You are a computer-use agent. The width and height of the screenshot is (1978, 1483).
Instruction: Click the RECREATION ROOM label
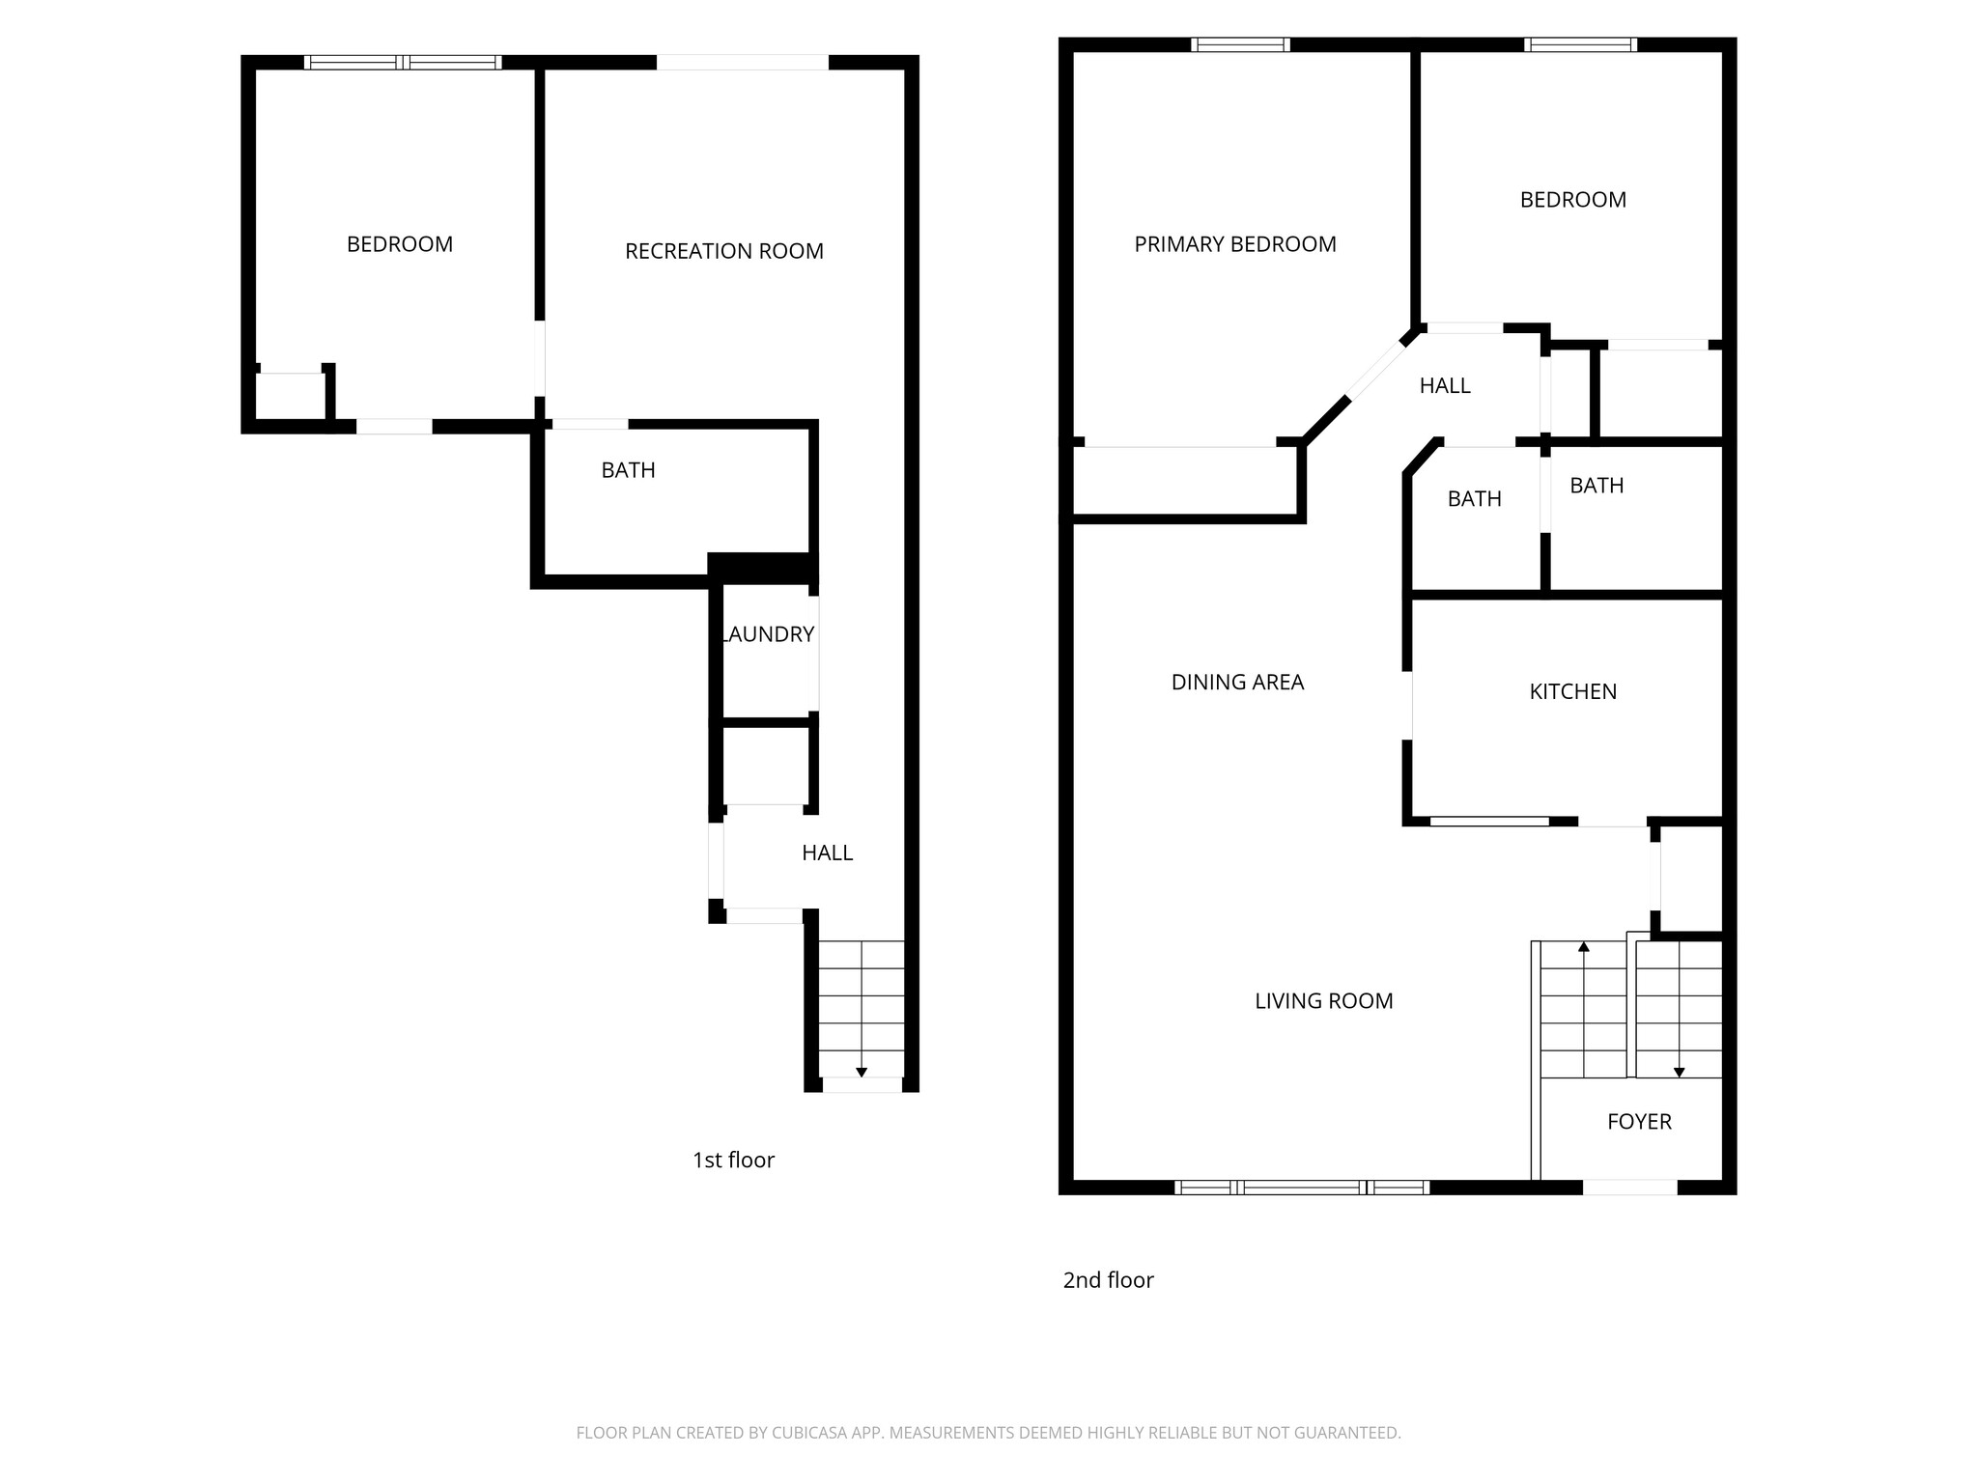click(x=723, y=251)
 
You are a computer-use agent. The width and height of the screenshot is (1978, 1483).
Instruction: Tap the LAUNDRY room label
click(x=769, y=634)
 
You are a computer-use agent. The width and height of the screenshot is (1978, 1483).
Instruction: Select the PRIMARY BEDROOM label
click(x=1234, y=244)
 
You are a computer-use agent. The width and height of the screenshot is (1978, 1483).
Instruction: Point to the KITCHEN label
click(x=1572, y=691)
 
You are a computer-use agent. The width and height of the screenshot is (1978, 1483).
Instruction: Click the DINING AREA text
click(x=1237, y=683)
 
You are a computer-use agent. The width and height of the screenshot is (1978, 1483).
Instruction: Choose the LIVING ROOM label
click(x=1323, y=1001)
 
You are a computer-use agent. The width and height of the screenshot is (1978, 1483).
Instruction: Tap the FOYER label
click(x=1639, y=1121)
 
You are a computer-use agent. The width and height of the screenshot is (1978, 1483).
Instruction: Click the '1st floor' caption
click(x=733, y=1160)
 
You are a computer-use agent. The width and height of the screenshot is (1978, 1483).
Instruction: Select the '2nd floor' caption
click(x=1108, y=1280)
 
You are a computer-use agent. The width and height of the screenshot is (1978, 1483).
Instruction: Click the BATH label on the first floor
click(x=628, y=470)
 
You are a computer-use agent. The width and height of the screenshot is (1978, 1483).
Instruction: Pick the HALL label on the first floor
click(x=827, y=853)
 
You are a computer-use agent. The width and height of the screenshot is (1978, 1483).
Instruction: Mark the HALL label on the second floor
click(x=1445, y=386)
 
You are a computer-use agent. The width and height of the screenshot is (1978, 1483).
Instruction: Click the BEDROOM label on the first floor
click(x=400, y=244)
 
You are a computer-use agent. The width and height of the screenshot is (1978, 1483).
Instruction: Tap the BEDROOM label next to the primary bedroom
click(x=1572, y=200)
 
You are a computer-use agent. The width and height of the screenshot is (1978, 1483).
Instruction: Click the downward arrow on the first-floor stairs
click(x=862, y=1072)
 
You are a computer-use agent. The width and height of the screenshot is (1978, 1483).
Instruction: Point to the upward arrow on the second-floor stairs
click(x=1584, y=948)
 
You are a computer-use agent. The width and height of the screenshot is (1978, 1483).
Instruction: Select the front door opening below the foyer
click(x=1630, y=1188)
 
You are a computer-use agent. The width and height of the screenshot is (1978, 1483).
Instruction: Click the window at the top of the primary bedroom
click(x=1240, y=44)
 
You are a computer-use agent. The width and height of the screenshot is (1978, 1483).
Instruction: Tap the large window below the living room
click(x=1301, y=1188)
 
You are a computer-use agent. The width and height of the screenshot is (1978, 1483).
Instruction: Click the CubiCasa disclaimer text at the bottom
click(x=988, y=1433)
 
